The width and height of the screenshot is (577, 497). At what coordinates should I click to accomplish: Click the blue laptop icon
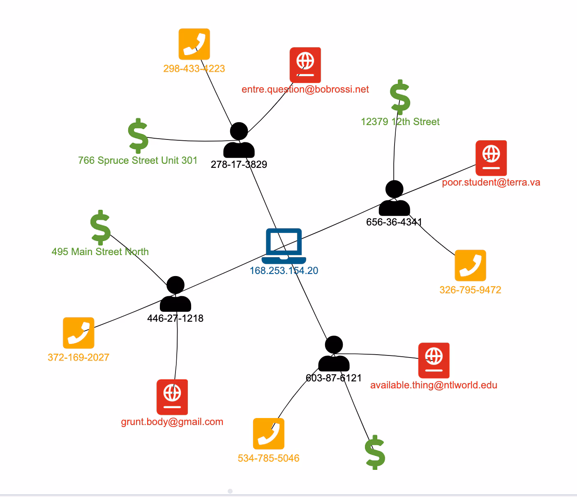pyautogui.click(x=284, y=246)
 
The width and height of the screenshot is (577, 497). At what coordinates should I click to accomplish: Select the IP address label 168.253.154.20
pyautogui.click(x=284, y=271)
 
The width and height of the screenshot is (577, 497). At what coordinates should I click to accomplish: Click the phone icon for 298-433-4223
pyautogui.click(x=194, y=44)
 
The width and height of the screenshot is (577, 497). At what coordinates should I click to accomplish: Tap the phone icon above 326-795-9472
pyautogui.click(x=470, y=265)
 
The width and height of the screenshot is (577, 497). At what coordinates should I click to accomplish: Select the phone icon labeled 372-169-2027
pyautogui.click(x=78, y=333)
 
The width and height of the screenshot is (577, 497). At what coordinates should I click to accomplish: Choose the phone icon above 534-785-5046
pyautogui.click(x=268, y=434)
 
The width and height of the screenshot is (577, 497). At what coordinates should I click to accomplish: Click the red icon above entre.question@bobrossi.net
pyautogui.click(x=305, y=65)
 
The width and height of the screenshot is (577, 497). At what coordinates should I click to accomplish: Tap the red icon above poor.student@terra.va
pyautogui.click(x=491, y=158)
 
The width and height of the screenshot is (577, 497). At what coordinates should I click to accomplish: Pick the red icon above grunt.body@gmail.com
pyautogui.click(x=172, y=397)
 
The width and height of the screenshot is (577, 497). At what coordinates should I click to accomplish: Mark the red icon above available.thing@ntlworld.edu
pyautogui.click(x=434, y=360)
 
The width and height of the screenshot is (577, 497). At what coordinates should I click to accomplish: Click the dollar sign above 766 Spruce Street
pyautogui.click(x=138, y=136)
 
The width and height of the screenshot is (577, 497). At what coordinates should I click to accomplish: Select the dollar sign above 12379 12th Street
pyautogui.click(x=400, y=97)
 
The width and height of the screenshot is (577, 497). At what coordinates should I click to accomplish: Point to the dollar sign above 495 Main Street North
pyautogui.click(x=101, y=228)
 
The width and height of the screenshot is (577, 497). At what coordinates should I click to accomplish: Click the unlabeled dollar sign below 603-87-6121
pyautogui.click(x=375, y=452)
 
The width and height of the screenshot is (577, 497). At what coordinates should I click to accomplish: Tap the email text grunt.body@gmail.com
pyautogui.click(x=172, y=422)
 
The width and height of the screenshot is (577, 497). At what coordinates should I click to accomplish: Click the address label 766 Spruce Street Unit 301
pyautogui.click(x=138, y=160)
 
